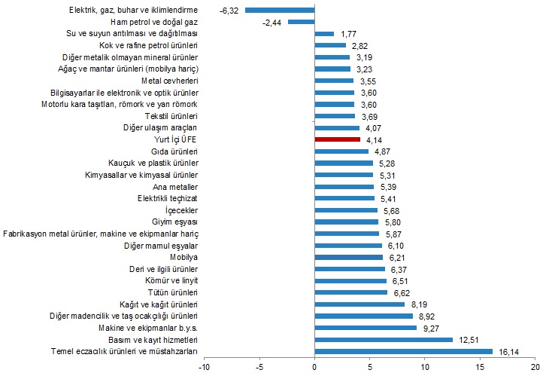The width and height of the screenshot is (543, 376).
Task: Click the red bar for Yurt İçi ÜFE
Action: pyautogui.click(x=337, y=139)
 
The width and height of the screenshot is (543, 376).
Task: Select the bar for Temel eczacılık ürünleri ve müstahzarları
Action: pyautogui.click(x=404, y=351)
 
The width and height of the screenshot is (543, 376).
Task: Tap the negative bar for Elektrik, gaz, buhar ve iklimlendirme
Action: pyautogui.click(x=280, y=11)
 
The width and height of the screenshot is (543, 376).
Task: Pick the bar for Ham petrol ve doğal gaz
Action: pyautogui.click(x=302, y=22)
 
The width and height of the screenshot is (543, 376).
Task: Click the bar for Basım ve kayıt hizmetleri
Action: pyautogui.click(x=384, y=339)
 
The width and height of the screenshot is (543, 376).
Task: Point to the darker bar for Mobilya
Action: pyautogui.click(x=349, y=257)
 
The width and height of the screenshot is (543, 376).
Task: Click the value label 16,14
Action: pyautogui.click(x=508, y=351)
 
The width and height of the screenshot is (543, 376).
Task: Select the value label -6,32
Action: pyautogui.click(x=229, y=11)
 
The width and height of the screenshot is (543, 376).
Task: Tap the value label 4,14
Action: pyautogui.click(x=375, y=139)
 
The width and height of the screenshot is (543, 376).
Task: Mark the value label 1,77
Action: pyautogui.click(x=348, y=34)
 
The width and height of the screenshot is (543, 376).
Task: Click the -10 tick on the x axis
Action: pyautogui.click(x=203, y=368)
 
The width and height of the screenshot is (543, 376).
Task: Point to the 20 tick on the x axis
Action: pyautogui.click(x=536, y=368)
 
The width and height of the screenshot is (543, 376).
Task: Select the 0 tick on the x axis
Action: pyautogui.click(x=314, y=368)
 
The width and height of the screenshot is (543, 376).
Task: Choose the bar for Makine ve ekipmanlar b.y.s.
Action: pyautogui.click(x=366, y=328)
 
